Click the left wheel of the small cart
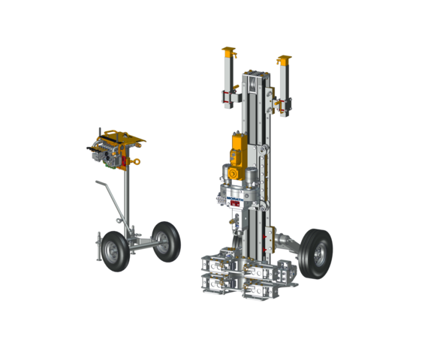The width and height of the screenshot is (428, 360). click(x=115, y=250)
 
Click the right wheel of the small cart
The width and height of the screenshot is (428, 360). click(x=167, y=241)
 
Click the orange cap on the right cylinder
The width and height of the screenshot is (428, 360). click(x=283, y=59)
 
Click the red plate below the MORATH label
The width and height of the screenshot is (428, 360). click(x=234, y=203)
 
